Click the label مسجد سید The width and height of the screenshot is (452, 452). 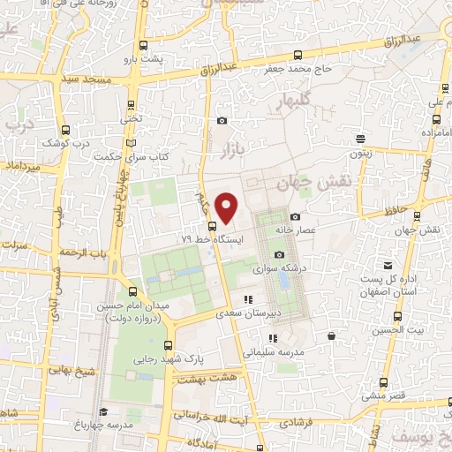(86, 80)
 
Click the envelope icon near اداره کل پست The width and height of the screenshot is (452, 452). (387, 266)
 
